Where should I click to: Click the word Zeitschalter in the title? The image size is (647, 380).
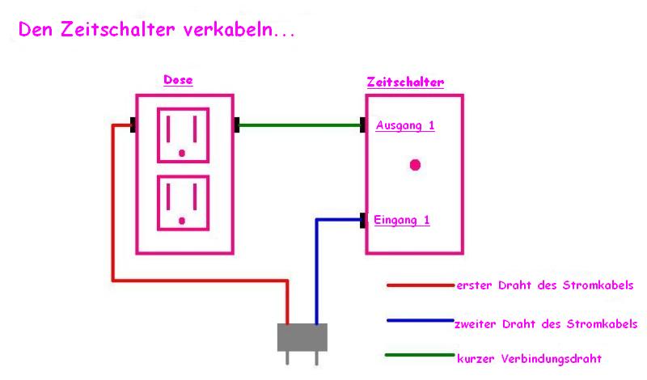118,29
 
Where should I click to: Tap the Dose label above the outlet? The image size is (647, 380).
178,79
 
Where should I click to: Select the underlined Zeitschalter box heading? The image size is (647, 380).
406,82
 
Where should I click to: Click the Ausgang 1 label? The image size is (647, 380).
405,125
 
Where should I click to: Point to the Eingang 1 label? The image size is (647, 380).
401,220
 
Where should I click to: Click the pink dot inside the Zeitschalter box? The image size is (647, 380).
415,165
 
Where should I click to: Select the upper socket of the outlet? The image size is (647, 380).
184,135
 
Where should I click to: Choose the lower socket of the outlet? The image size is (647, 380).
184,203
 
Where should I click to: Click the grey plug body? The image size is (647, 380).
302,337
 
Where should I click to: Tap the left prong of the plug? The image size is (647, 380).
287,358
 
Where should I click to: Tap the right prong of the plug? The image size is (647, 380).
316,358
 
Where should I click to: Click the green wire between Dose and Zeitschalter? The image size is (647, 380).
299,125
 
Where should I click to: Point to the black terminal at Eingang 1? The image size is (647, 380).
362,221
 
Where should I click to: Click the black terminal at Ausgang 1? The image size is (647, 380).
362,125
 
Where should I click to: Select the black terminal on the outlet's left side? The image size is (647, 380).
133,125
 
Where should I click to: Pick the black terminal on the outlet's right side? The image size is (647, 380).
237,125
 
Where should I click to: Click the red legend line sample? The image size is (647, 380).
421,285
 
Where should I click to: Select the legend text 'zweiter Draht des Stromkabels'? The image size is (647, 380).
546,324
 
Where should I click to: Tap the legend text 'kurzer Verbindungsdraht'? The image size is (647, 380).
529,358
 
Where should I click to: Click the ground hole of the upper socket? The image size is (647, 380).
182,153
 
